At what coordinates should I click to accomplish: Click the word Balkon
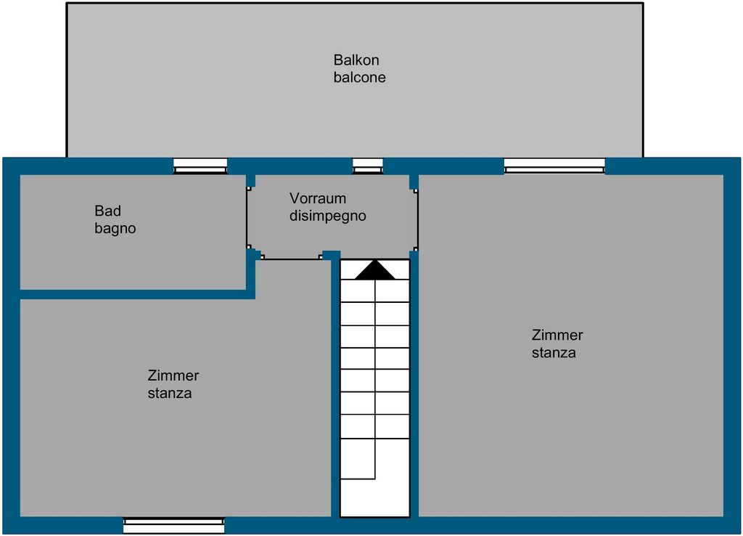click(x=356, y=60)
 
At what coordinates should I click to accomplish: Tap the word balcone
click(x=359, y=78)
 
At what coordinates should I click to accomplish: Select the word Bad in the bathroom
click(x=107, y=211)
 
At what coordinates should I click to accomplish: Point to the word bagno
click(x=115, y=229)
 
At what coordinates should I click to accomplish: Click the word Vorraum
click(x=318, y=198)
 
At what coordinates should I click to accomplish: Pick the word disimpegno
click(x=327, y=216)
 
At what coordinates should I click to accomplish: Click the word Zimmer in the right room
click(x=557, y=336)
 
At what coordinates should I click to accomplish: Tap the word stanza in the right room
click(x=554, y=353)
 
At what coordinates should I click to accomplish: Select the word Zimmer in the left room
click(x=173, y=376)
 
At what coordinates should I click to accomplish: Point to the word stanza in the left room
click(x=169, y=394)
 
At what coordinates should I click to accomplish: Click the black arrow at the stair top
click(x=374, y=270)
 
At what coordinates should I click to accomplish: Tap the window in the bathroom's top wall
click(x=200, y=166)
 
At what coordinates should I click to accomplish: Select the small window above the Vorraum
click(x=368, y=166)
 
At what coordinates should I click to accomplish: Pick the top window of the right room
click(x=554, y=166)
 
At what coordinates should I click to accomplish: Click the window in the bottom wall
click(x=174, y=524)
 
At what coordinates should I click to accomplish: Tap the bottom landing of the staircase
click(x=375, y=498)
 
